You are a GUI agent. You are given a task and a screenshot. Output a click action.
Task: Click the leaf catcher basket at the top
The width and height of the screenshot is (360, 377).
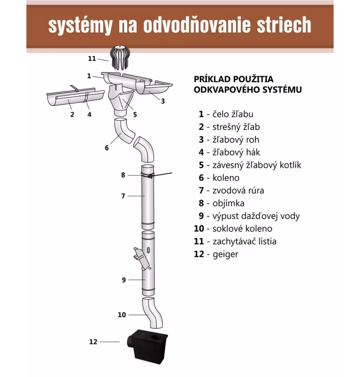[120, 57]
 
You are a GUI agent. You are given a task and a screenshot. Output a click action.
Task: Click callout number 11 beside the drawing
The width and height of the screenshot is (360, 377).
[92, 58]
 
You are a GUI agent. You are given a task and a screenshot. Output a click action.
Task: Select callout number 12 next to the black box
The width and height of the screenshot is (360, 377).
[93, 342]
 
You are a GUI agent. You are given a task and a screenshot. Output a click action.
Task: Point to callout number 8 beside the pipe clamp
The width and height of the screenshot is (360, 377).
[123, 175]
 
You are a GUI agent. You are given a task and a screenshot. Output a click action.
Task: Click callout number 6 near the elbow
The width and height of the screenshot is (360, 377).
[107, 148]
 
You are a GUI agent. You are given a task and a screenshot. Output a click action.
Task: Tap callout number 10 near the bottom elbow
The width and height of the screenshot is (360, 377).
[122, 315]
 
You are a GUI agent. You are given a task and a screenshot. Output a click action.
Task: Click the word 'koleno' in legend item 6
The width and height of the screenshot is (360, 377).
[226, 178]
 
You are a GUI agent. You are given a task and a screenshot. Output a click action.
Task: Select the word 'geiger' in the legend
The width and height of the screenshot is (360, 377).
[225, 254]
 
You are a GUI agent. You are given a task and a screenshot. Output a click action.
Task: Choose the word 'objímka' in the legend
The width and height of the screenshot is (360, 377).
[228, 204]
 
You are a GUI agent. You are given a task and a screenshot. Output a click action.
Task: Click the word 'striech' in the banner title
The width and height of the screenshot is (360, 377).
[284, 25]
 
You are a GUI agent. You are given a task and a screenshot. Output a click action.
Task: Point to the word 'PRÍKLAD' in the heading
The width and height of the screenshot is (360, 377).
[212, 79]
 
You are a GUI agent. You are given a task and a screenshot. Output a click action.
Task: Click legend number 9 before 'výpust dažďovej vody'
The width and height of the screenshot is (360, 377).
[201, 216]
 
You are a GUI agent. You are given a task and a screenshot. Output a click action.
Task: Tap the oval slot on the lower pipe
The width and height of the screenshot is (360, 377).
[148, 250]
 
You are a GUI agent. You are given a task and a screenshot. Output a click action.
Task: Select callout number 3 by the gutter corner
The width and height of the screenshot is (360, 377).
[163, 101]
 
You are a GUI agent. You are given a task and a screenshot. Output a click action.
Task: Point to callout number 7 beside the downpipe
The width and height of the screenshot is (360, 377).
[123, 196]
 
